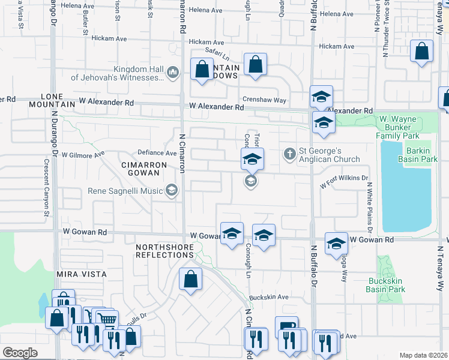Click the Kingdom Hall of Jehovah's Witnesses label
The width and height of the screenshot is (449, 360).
[x=117, y=73]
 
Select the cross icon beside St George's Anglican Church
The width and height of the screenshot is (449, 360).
[x=290, y=154]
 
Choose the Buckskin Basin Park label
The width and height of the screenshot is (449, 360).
[x=385, y=284]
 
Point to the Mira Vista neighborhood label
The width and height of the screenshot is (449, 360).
[x=82, y=274]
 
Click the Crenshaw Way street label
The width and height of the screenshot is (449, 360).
[x=264, y=100]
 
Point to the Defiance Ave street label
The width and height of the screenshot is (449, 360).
[x=156, y=152]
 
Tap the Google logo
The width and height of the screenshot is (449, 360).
[x=19, y=353]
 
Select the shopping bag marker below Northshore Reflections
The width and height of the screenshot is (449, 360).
[x=190, y=281]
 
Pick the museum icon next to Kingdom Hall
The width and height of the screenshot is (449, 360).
[x=173, y=73]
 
